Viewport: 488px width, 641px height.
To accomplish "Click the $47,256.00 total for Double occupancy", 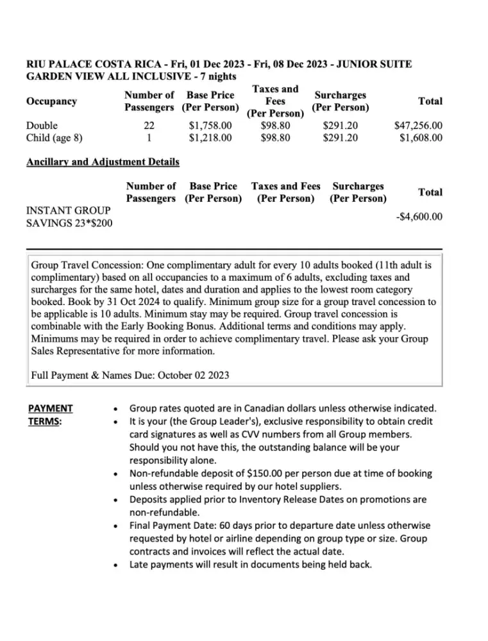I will coord(417,126).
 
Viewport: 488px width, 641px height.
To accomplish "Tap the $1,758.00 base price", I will coord(211,126).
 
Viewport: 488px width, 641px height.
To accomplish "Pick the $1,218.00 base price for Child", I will coord(211,138).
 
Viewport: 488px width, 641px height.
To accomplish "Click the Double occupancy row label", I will coord(42,126).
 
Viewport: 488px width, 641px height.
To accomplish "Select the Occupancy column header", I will coord(51,101).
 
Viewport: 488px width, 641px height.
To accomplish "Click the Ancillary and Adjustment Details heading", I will coord(103,162).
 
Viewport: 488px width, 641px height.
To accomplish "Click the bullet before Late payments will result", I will coord(115,566).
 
